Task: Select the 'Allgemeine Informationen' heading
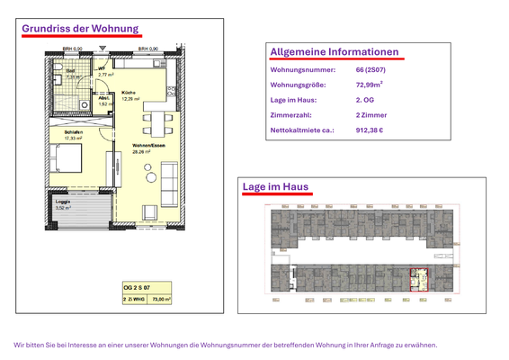[x=334, y=52]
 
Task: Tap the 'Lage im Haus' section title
[x=275, y=186]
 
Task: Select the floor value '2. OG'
[x=366, y=100]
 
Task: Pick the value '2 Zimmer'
[x=371, y=115]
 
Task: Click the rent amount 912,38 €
[x=370, y=130]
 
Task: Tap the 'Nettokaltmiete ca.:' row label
[x=302, y=130]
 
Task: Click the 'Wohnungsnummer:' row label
[x=302, y=69]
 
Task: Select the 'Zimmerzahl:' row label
[x=290, y=115]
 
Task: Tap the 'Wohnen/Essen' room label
[x=146, y=146]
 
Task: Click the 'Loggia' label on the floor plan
[x=64, y=202]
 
